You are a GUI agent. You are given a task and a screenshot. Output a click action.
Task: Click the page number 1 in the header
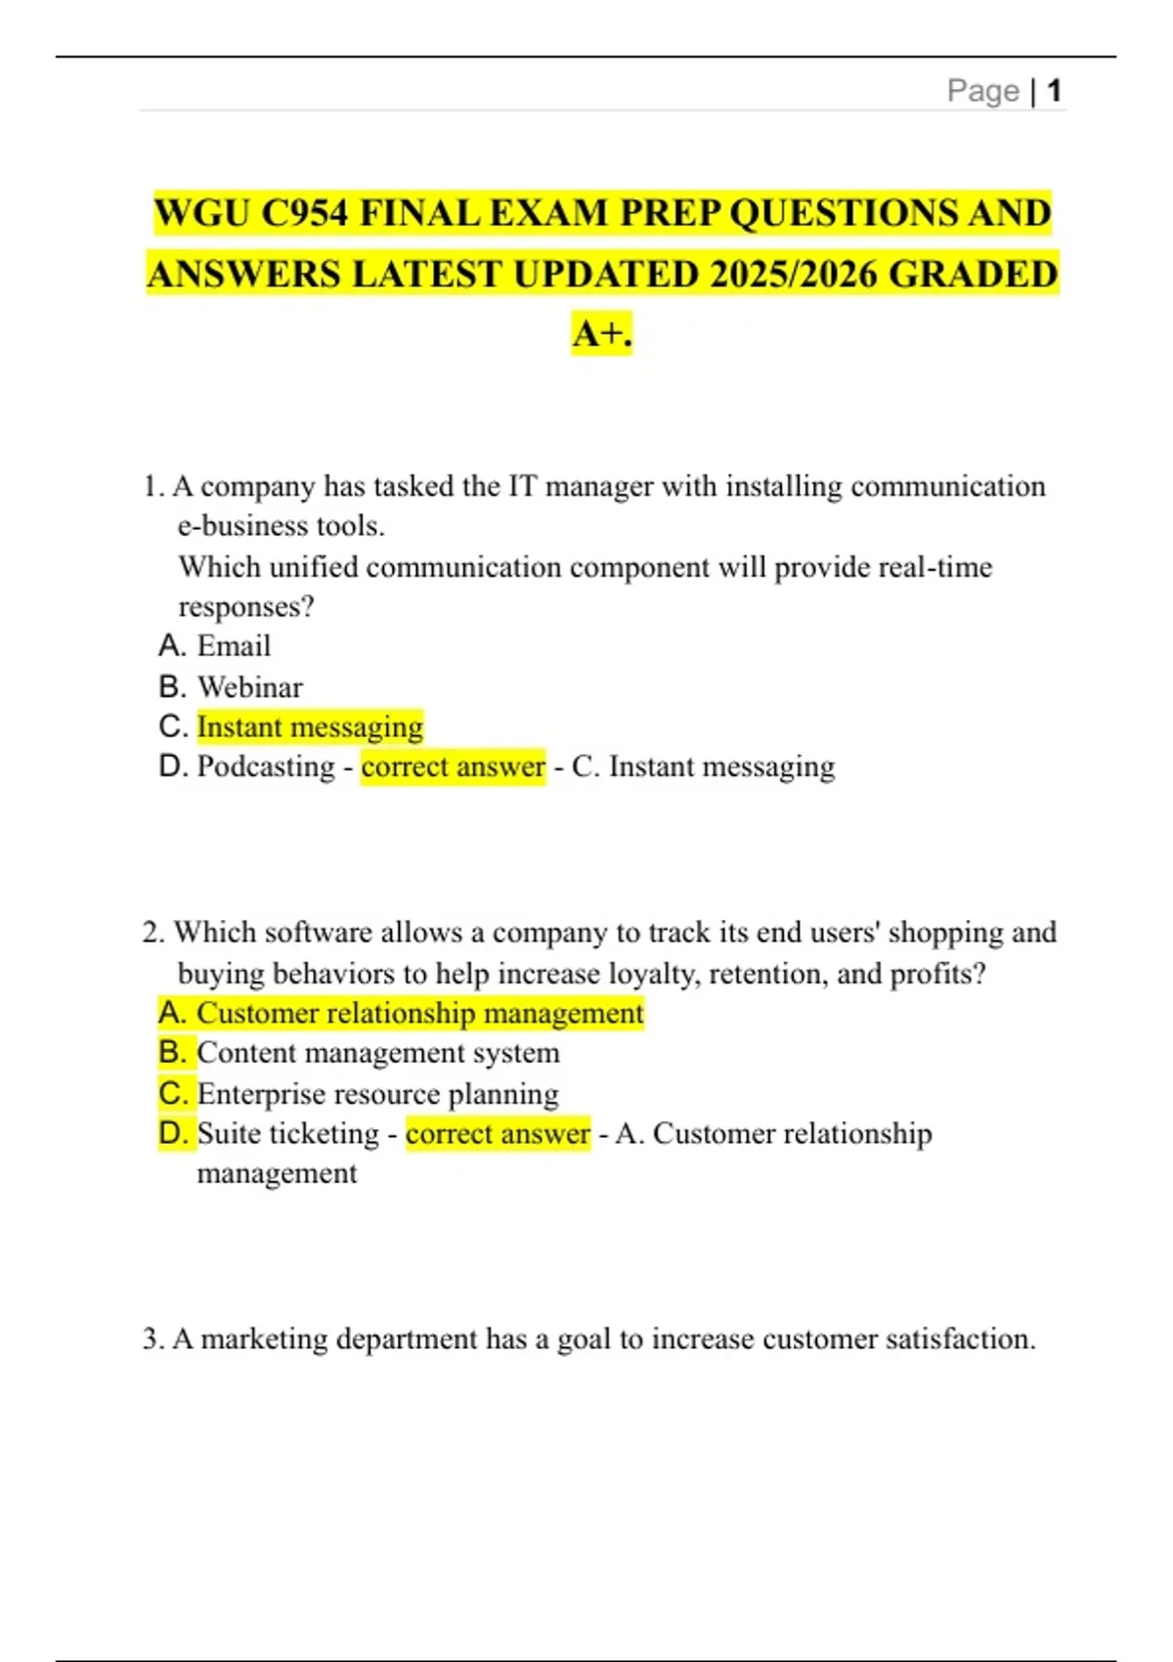tap(1054, 91)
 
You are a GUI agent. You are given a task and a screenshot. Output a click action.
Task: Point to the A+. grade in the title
tap(602, 334)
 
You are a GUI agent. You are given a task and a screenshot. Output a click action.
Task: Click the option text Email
tap(234, 646)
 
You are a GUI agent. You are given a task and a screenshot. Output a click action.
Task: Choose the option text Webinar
tap(250, 687)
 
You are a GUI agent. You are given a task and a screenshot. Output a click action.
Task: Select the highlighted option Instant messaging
tap(310, 727)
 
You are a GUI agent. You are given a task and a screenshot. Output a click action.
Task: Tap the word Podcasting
tap(266, 766)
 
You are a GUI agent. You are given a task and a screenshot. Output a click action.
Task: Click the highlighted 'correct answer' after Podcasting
tap(453, 766)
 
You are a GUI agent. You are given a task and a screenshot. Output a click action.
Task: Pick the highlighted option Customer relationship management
tap(420, 1013)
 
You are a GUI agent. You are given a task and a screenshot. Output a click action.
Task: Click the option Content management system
tap(378, 1053)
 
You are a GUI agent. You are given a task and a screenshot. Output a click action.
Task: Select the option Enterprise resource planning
tap(378, 1093)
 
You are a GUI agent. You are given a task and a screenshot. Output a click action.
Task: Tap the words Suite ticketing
tap(287, 1134)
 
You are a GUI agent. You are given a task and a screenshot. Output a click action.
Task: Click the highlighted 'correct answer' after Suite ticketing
tap(498, 1134)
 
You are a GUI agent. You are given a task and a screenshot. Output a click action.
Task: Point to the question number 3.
tap(152, 1338)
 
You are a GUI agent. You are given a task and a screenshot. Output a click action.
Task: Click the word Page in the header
tap(982, 91)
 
